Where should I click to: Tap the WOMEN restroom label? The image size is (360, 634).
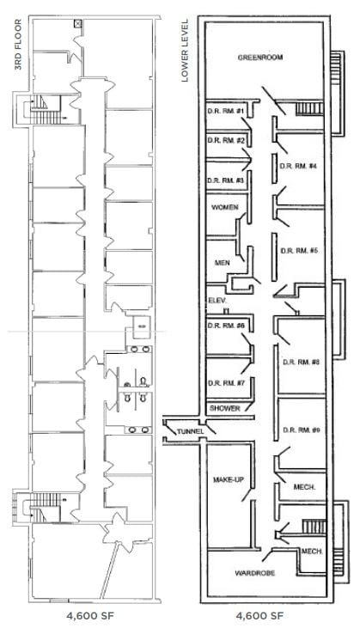(225, 208)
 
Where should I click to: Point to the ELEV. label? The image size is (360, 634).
(216, 300)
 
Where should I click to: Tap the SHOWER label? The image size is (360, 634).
(225, 408)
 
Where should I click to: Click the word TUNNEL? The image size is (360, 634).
(188, 430)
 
